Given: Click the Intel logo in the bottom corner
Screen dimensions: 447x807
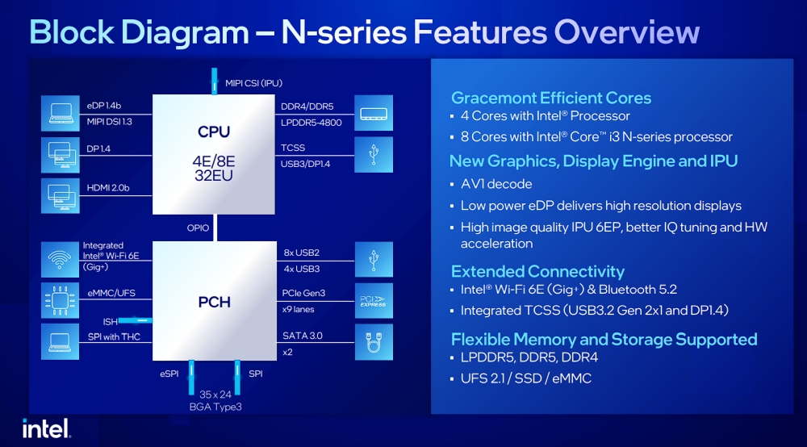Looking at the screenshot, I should (45, 428).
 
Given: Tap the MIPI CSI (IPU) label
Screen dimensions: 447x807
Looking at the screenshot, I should (253, 82).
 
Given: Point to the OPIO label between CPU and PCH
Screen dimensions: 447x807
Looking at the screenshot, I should (199, 228).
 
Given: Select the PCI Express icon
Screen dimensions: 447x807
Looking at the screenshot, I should (374, 301).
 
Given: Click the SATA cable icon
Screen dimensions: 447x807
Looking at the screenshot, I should (374, 343).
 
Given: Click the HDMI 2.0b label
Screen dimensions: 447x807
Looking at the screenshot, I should (107, 189).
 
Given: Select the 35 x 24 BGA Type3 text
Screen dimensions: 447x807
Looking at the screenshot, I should (215, 401).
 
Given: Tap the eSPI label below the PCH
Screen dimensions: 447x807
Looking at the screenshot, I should (168, 374).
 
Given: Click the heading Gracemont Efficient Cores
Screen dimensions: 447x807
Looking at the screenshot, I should (550, 98).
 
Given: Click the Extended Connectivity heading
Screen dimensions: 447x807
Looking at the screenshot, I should (537, 271).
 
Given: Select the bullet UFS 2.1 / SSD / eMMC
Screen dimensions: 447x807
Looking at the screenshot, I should (525, 378).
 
